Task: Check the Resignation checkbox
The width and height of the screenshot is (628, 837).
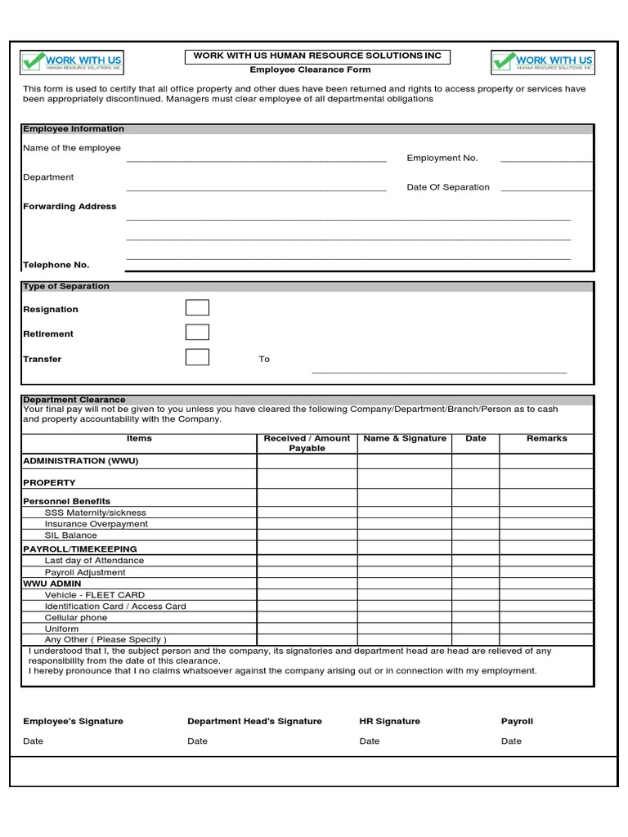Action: click(x=197, y=308)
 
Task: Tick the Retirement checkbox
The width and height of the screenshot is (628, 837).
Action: click(x=197, y=333)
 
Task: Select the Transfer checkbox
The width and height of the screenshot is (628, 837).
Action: click(x=197, y=357)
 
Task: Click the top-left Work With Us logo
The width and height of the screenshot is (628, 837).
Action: click(x=72, y=62)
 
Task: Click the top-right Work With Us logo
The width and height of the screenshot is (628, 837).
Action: click(x=543, y=62)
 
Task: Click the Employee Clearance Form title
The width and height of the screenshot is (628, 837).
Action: click(x=310, y=70)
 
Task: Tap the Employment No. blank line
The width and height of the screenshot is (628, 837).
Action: click(x=546, y=160)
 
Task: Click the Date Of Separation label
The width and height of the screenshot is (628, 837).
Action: click(x=448, y=187)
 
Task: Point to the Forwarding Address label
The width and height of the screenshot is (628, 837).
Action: click(x=70, y=207)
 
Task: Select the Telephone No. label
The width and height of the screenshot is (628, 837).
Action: click(x=56, y=265)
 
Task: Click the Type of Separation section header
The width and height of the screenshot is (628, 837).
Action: click(x=66, y=287)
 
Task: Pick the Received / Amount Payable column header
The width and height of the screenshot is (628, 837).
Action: click(x=307, y=443)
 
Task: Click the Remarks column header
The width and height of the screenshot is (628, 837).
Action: click(x=546, y=439)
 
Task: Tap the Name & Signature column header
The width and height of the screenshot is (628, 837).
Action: click(x=405, y=439)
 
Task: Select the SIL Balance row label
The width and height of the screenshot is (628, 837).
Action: click(x=70, y=535)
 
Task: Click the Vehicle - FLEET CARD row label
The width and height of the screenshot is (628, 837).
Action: click(x=95, y=595)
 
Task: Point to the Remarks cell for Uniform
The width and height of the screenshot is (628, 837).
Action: click(x=546, y=629)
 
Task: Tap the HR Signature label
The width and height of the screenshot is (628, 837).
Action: click(x=389, y=721)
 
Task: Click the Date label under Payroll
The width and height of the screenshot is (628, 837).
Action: click(x=511, y=741)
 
